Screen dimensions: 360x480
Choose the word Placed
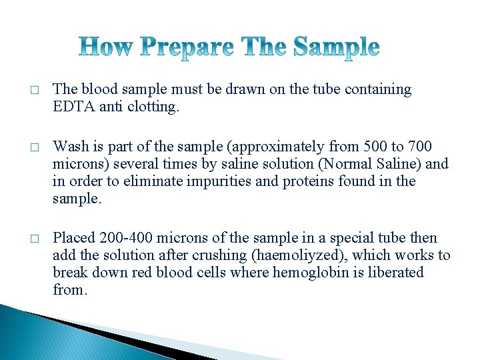coord(75,237)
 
